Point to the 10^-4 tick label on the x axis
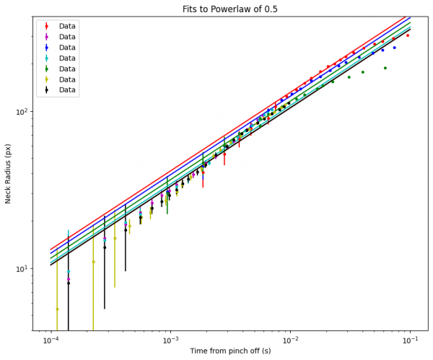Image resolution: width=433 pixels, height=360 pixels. pos(51,338)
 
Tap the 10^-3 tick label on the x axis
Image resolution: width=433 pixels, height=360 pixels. pos(170,338)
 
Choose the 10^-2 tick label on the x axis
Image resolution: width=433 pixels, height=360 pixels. pos(290,338)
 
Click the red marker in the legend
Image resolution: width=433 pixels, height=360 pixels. pos(47,26)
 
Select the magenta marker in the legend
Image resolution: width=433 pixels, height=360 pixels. pos(47,37)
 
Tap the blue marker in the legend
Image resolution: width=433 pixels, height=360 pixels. pos(47,48)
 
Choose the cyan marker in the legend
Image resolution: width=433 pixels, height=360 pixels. pos(47,58)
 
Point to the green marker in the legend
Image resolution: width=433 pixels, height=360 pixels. pos(47,69)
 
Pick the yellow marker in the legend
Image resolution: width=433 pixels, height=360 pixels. pos(47,79)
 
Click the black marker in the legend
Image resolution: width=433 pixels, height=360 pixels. pos(47,90)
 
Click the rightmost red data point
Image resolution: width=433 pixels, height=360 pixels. pos(408,35)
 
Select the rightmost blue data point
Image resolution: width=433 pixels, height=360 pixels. pos(394,48)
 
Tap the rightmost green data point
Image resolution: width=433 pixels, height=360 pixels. pos(385,68)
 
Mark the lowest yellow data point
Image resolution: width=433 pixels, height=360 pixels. pos(57,309)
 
